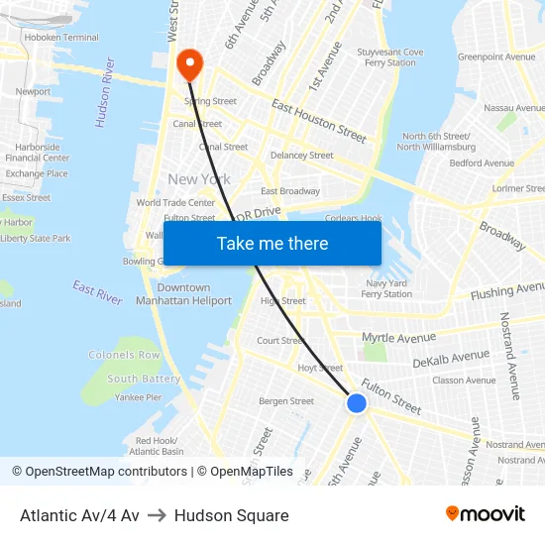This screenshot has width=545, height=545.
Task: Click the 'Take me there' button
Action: point(272,243)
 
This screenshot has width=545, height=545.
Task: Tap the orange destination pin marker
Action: point(188,64)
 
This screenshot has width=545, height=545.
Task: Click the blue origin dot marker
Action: point(357,403)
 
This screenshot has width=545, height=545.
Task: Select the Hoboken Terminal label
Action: point(62,38)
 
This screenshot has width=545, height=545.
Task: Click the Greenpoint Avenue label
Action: point(495,57)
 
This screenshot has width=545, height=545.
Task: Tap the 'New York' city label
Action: point(199,179)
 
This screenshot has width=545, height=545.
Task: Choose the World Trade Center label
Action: point(175,203)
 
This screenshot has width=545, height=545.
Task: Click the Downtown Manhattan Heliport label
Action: point(183,294)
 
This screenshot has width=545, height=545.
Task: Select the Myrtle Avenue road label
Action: point(398,338)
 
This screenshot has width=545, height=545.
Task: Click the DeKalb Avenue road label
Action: point(451,358)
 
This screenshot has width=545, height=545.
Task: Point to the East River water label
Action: point(97,292)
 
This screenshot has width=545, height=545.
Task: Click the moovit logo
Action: point(485,514)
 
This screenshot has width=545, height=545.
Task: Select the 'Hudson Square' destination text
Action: point(231,515)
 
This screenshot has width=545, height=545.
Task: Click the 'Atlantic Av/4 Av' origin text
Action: point(79,515)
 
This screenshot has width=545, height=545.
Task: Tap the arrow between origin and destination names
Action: point(157,515)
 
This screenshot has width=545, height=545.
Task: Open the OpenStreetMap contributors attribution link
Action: point(100,472)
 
